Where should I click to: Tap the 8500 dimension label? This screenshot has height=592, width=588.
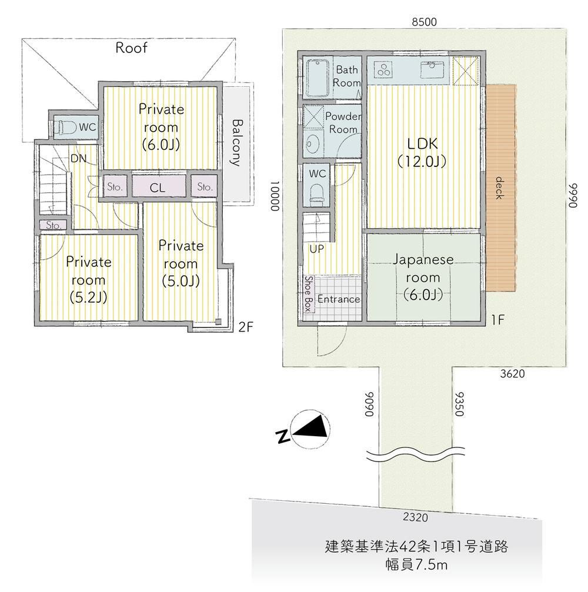pyautogui.click(x=424, y=22)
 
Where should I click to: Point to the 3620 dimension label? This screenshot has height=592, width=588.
pyautogui.click(x=513, y=374)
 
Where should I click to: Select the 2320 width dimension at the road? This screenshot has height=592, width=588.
pyautogui.click(x=415, y=517)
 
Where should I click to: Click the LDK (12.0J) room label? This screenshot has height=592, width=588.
pyautogui.click(x=422, y=152)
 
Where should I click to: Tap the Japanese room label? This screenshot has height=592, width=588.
pyautogui.click(x=423, y=277)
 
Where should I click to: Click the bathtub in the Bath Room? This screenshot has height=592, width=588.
pyautogui.click(x=318, y=78)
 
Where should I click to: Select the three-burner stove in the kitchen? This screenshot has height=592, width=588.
pyautogui.click(x=384, y=69)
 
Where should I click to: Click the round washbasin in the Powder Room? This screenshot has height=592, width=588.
pyautogui.click(x=313, y=143)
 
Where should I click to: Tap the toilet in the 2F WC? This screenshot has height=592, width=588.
pyautogui.click(x=65, y=128)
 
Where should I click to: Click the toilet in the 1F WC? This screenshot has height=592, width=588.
pyautogui.click(x=316, y=195)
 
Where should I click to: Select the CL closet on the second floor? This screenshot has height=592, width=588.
pyautogui.click(x=158, y=186)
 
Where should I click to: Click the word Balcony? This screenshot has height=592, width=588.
pyautogui.click(x=236, y=143)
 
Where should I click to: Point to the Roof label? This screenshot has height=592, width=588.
pyautogui.click(x=131, y=48)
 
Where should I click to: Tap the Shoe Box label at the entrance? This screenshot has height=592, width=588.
pyautogui.click(x=309, y=294)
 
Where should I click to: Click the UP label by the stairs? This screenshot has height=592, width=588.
pyautogui.click(x=316, y=249)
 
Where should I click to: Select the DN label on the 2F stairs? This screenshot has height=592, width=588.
pyautogui.click(x=78, y=159)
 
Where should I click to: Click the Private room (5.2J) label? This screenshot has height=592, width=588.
pyautogui.click(x=88, y=279)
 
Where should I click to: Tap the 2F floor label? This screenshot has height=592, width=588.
pyautogui.click(x=245, y=326)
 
